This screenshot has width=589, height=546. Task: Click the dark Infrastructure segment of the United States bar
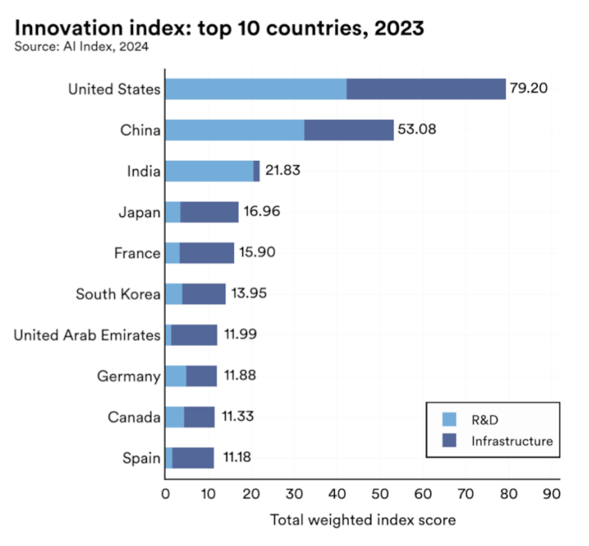click(426, 89)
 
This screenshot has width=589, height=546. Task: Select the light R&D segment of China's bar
click(235, 130)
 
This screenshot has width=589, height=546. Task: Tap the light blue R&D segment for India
click(209, 171)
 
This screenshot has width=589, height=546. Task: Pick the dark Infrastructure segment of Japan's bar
click(209, 212)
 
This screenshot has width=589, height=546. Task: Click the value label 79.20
click(529, 88)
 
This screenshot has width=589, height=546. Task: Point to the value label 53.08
click(416, 129)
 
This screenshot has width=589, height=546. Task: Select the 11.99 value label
click(240, 334)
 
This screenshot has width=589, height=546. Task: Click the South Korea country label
click(118, 294)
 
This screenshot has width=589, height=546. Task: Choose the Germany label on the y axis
click(129, 376)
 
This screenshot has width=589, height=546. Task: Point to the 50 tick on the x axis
click(379, 493)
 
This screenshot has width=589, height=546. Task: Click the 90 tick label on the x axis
click(551, 493)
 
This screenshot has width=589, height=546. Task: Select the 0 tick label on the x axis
click(165, 493)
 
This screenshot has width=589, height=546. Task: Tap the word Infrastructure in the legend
click(511, 441)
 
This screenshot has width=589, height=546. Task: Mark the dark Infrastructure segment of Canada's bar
click(199, 417)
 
